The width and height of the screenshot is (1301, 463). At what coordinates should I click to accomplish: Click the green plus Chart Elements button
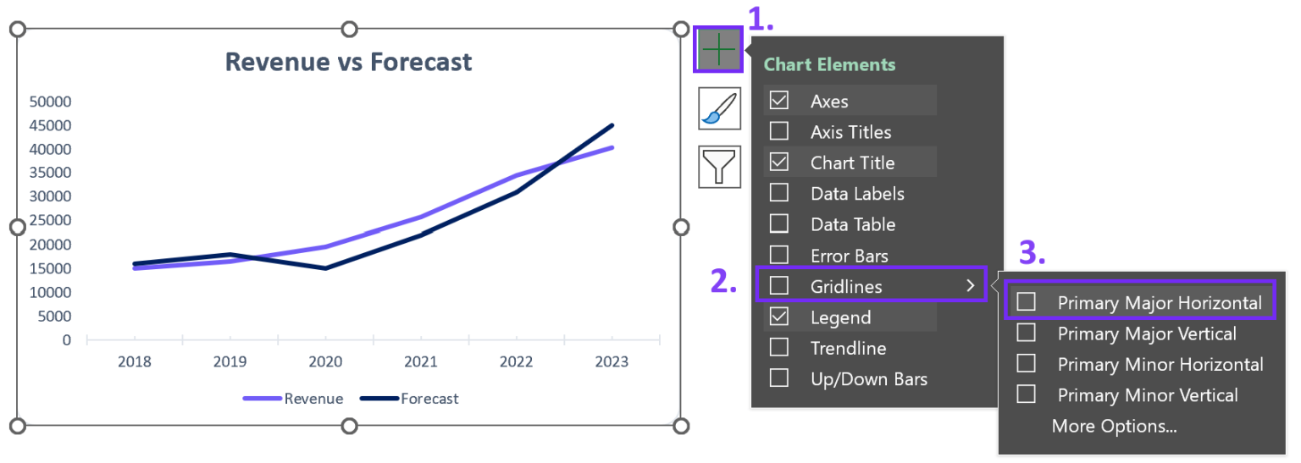[x=718, y=49]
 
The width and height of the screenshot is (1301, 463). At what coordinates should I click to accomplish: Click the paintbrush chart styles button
[x=719, y=108]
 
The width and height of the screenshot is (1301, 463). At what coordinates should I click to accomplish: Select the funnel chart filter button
[x=719, y=167]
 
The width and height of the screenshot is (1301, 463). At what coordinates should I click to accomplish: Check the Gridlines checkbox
[x=779, y=285]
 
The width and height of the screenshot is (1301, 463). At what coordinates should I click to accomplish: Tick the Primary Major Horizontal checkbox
[x=1026, y=301]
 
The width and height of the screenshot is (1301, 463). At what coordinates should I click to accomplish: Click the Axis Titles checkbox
[x=779, y=131]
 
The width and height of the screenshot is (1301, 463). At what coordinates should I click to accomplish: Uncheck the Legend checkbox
[x=779, y=317]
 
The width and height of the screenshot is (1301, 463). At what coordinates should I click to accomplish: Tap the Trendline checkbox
[x=779, y=348]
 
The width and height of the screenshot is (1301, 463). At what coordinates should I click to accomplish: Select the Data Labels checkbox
[x=779, y=193]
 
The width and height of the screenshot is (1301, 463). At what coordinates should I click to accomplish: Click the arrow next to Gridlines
[x=970, y=285]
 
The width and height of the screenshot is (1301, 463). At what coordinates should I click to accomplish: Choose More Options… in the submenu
[x=1114, y=427]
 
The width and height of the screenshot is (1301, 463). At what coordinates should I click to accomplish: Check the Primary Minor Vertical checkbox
[x=1026, y=394]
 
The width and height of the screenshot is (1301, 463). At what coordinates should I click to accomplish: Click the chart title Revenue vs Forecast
[x=348, y=62]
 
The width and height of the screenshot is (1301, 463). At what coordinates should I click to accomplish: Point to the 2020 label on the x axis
[x=325, y=362]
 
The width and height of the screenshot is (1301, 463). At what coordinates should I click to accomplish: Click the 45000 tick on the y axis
[x=51, y=125]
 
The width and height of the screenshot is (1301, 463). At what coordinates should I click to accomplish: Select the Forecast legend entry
[x=409, y=399]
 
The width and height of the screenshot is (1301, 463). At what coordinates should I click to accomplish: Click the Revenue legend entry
[x=293, y=399]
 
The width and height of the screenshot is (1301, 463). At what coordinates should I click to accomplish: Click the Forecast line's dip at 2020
[x=325, y=268]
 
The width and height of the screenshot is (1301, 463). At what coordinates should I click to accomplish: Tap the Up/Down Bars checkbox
[x=779, y=378]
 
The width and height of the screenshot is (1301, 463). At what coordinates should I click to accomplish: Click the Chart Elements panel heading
[x=829, y=64]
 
